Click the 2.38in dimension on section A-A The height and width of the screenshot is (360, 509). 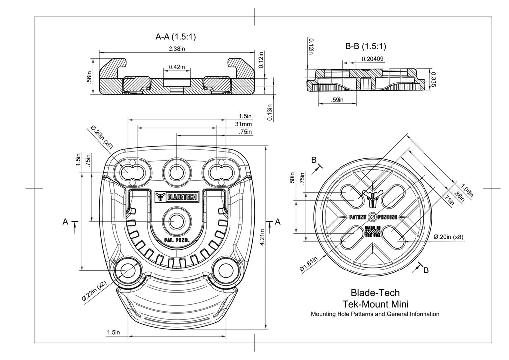point(177,49)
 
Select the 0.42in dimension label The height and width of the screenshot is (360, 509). point(177,67)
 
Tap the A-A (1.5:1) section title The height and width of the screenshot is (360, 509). point(175,37)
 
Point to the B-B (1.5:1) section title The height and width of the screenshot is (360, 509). point(366,46)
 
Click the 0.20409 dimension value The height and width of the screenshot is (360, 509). point(373,59)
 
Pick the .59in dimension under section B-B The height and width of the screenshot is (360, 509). point(338,100)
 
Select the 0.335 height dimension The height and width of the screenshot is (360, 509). point(433,79)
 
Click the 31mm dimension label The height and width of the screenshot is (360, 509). point(243,124)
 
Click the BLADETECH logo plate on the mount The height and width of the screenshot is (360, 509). point(177,197)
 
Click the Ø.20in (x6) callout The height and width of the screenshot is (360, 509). point(101,137)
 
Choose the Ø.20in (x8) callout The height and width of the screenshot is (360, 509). point(448,237)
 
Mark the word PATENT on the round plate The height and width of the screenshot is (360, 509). point(358,217)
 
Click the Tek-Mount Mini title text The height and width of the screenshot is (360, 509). point(375,304)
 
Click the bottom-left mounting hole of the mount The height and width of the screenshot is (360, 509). point(128,270)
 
